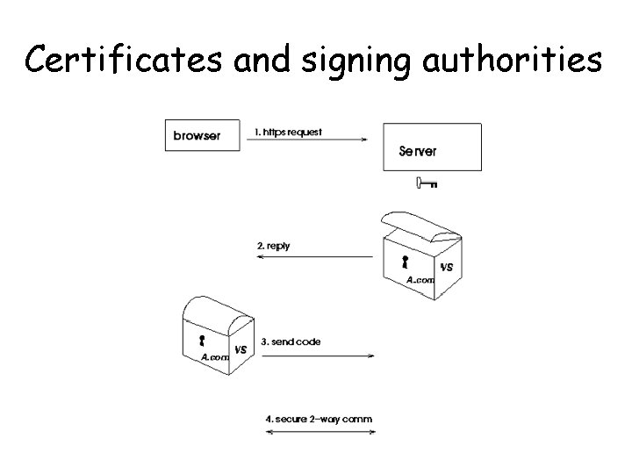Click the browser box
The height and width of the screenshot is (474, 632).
(x=202, y=135)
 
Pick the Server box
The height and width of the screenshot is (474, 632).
(x=433, y=147)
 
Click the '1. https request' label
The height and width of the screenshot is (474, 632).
(x=288, y=133)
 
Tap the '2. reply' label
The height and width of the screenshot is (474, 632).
(x=274, y=247)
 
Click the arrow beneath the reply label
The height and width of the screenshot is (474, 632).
(x=315, y=256)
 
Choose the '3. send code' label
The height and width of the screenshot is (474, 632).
(x=291, y=342)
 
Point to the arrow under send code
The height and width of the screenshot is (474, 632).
(x=318, y=355)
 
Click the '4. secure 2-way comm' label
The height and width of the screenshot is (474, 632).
(x=319, y=419)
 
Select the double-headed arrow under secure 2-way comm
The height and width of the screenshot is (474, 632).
(x=319, y=431)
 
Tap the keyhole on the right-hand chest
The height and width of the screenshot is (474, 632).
(x=405, y=262)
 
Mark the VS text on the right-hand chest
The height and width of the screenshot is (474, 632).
(x=447, y=267)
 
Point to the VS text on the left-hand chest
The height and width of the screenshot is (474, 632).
(x=240, y=349)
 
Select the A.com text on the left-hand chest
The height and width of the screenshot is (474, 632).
(x=215, y=357)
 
